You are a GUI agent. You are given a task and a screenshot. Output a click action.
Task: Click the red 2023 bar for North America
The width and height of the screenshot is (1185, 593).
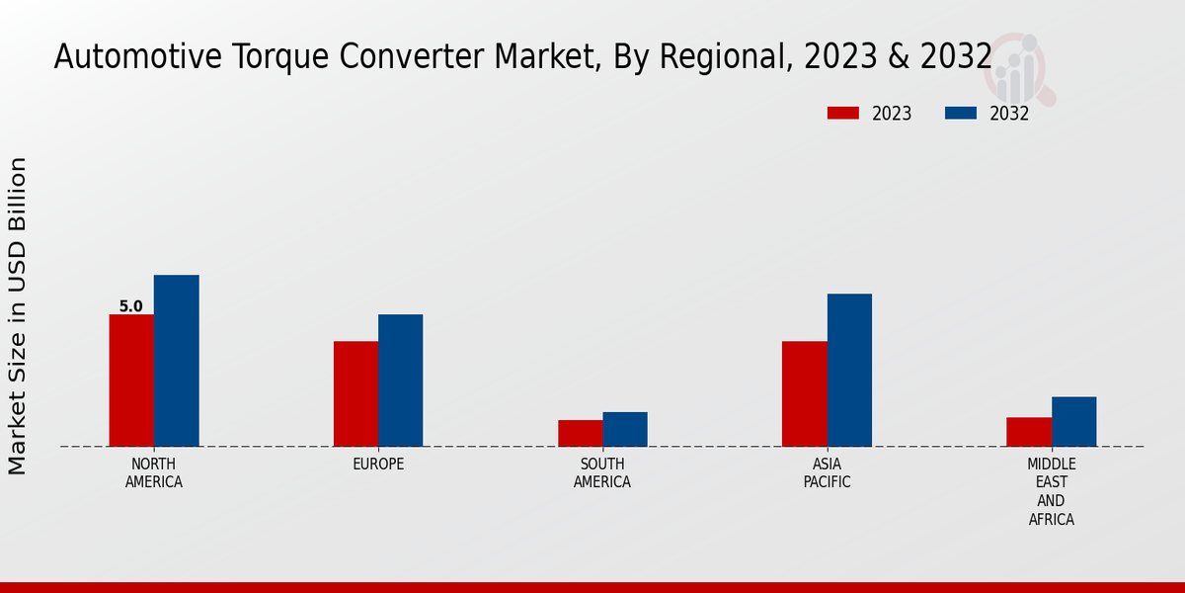coord(131,381)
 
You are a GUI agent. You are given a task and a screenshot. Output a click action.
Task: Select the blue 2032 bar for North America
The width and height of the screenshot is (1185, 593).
coord(177,361)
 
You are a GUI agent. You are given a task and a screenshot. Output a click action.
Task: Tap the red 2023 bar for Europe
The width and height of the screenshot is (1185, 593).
coord(355,393)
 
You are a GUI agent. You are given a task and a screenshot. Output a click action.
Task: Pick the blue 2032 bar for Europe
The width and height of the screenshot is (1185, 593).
coord(400,381)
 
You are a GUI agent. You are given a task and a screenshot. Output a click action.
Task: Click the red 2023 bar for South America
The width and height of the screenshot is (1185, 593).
coord(580,433)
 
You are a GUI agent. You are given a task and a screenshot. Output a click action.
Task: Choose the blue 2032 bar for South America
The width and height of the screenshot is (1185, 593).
coord(625,429)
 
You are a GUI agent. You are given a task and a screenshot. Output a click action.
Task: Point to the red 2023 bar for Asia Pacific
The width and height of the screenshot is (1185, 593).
coord(804,393)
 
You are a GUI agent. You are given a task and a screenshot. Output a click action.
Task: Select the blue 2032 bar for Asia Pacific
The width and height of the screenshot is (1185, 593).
coord(849,370)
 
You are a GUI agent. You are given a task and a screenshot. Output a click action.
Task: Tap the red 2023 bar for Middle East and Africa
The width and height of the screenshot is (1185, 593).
coord(1029,432)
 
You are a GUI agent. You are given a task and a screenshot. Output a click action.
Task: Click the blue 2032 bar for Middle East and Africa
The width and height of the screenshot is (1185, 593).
coord(1073,421)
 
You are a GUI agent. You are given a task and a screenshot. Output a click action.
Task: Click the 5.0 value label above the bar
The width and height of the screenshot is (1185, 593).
coord(131,306)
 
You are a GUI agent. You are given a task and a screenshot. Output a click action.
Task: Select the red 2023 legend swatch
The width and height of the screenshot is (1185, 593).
coord(843,114)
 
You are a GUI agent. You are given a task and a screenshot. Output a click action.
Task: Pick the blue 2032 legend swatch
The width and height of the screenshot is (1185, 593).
coord(961,114)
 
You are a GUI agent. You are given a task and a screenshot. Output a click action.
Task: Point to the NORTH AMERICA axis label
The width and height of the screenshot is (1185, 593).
coord(154,473)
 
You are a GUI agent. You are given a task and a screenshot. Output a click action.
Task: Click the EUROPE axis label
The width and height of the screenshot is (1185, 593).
coord(378,465)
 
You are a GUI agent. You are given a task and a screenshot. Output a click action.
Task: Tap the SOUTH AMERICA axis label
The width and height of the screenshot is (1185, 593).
coord(602,473)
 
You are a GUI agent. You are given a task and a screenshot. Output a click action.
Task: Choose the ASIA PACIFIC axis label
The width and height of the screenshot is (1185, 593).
coord(827,473)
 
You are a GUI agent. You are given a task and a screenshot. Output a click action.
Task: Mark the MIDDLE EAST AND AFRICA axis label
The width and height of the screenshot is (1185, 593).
coord(1052,491)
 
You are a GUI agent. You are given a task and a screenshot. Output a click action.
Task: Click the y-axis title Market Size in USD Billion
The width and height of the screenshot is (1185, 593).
coord(18,316)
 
